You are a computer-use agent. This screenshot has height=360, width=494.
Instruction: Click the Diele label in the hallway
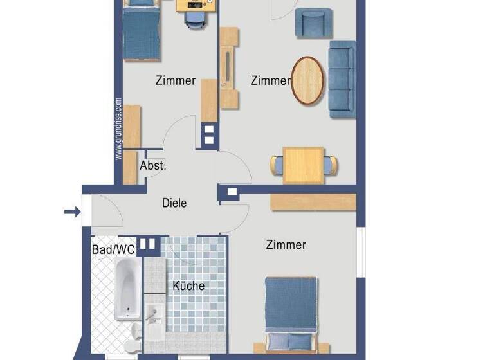174,203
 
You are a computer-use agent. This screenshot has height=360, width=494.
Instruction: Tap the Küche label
188,285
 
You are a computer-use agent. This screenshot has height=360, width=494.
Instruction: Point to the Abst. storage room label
153,166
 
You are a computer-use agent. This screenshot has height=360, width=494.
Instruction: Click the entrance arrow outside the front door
71,211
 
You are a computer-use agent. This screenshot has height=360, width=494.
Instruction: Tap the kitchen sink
153,315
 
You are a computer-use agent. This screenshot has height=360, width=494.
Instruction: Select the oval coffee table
308,80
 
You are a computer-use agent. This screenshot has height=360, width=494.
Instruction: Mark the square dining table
304,164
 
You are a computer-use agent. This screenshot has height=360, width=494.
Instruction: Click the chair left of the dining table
277,165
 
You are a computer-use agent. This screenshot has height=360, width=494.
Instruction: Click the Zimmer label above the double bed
286,245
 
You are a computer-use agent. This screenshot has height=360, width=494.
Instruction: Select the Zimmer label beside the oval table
270,81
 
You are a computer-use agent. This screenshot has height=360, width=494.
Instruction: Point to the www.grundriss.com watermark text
118,129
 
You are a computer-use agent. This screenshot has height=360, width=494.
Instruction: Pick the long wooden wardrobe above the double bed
313,201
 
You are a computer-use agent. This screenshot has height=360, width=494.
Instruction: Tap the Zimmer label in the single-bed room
176,81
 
